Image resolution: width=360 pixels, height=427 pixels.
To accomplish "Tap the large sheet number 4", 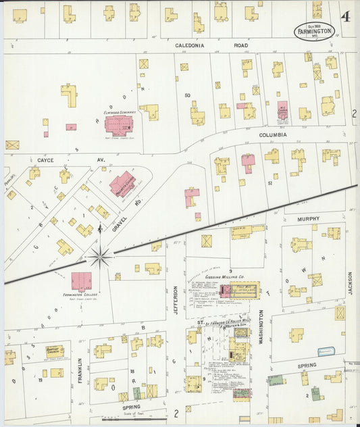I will coord(345,17).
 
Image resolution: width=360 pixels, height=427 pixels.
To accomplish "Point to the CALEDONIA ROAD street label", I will coord(199,46).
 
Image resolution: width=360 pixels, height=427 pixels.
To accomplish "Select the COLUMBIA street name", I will coord(272,134).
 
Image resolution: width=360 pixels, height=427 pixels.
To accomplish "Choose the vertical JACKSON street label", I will coord(351,284).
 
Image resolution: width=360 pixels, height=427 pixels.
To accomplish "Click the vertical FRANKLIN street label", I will coord(79,370).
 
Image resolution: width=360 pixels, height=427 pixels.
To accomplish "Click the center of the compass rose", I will coord(100,256).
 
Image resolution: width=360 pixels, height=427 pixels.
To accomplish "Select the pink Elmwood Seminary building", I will coord(119,125).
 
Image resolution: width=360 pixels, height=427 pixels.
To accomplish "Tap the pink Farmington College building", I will coord(82,280).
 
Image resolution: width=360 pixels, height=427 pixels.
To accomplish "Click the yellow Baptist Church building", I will coord(55,351).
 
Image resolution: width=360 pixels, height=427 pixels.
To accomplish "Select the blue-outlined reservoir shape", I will coord(327,351).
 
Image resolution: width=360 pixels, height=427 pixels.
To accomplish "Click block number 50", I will coord(187,95).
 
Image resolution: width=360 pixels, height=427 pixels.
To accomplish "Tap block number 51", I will coord(269,183).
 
